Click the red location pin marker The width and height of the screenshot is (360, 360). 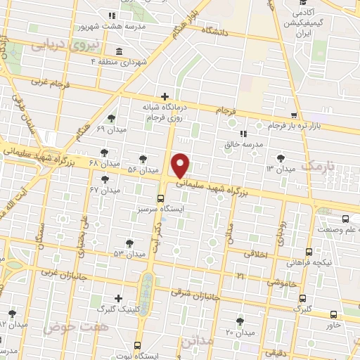(181, 165)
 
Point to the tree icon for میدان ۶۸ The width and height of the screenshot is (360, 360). (104, 152)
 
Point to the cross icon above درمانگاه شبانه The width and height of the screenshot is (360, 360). (165, 96)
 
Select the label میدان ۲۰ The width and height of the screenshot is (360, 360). (240, 332)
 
